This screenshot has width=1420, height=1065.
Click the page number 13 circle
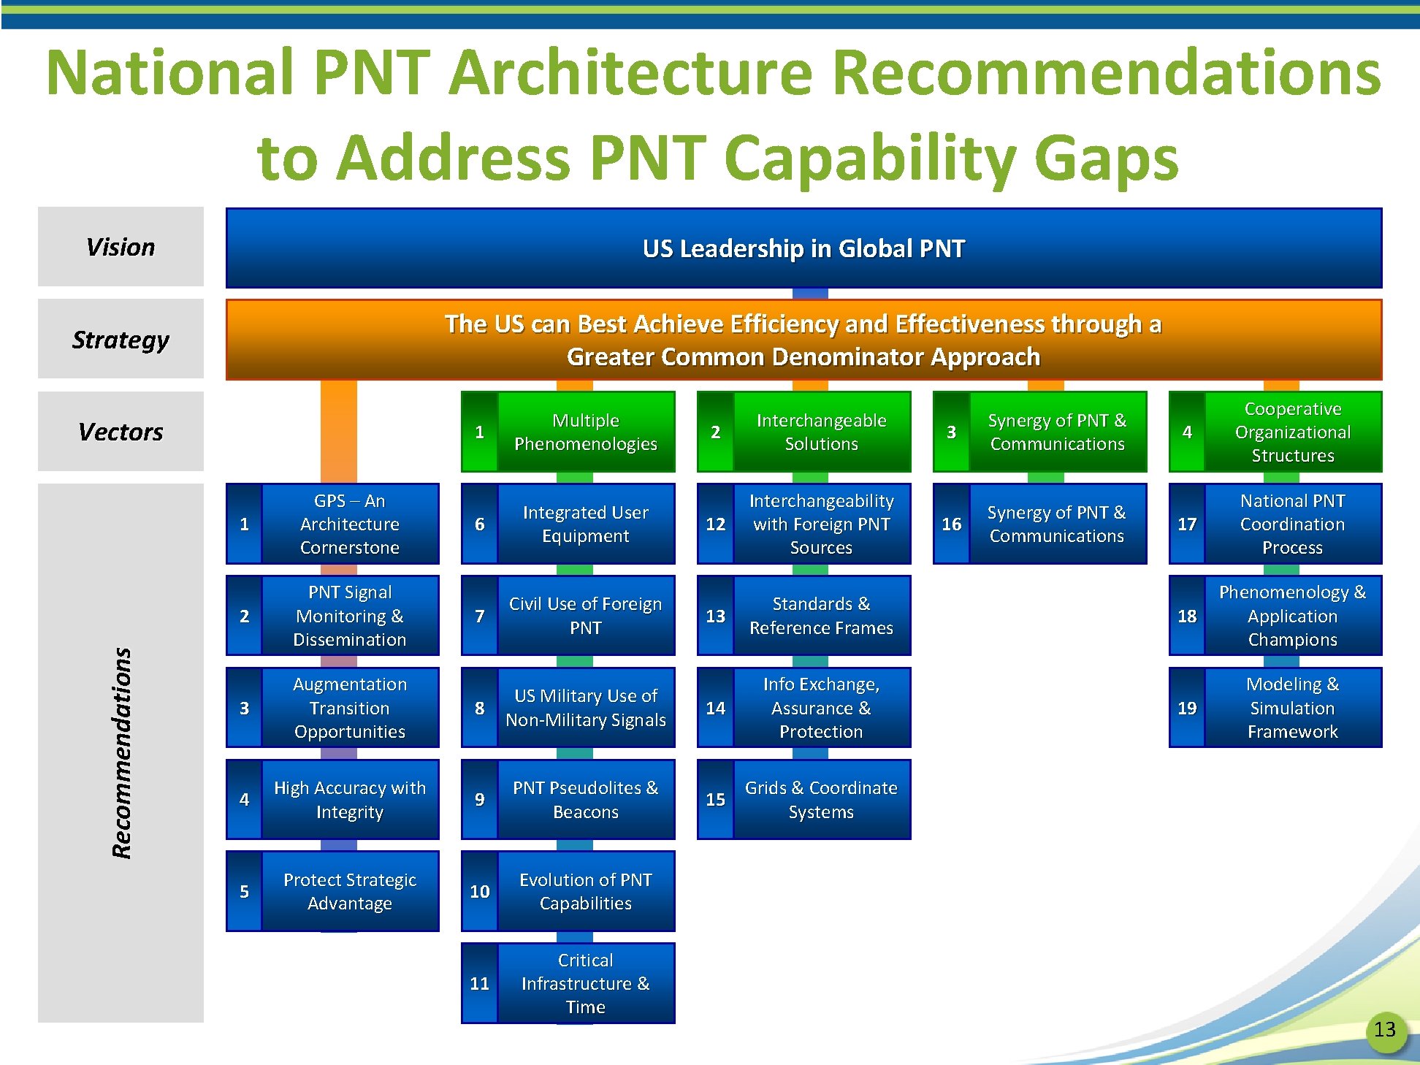(x=1385, y=1031)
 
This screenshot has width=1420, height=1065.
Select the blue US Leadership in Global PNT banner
(x=803, y=248)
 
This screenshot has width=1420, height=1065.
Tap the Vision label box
(x=121, y=247)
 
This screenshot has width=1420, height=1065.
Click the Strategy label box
(x=121, y=339)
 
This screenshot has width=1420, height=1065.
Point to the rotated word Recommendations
(x=121, y=752)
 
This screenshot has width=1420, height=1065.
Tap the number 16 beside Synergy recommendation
(x=952, y=524)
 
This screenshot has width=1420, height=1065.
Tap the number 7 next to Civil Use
(x=480, y=616)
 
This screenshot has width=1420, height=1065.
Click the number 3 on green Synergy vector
(x=951, y=432)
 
